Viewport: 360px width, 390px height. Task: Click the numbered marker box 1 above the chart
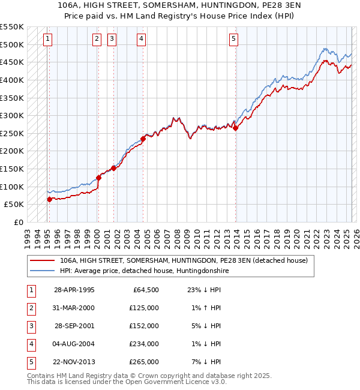47,40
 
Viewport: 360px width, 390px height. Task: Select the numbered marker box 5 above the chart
233,40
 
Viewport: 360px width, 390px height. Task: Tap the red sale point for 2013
236,128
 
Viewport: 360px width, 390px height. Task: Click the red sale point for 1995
49,199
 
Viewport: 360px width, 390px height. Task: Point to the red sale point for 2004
143,139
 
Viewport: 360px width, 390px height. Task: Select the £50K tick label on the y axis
14,205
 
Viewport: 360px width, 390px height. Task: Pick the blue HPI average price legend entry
144,271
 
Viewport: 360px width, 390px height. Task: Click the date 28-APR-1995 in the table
74,290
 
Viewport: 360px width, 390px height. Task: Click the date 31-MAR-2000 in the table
74,308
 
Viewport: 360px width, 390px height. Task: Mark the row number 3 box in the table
30,326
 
